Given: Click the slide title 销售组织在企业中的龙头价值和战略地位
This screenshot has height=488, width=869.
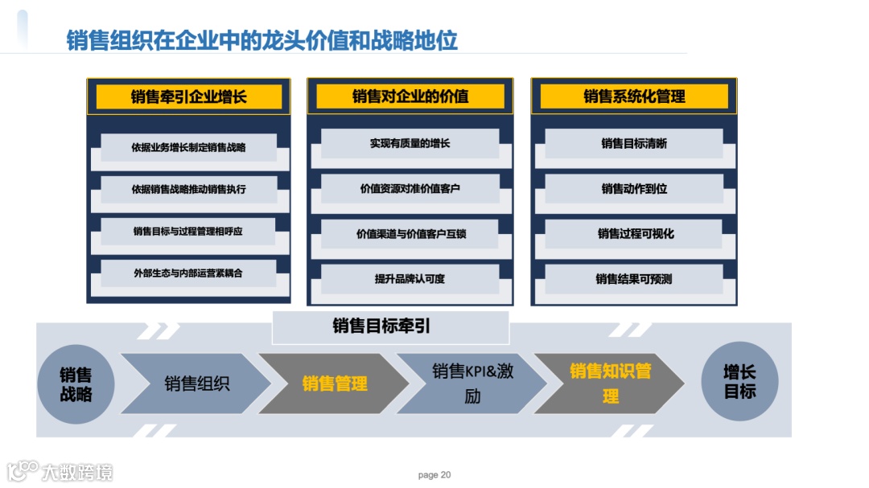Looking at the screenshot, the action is (262, 40).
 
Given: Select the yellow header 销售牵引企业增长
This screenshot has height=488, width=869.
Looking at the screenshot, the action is (188, 97).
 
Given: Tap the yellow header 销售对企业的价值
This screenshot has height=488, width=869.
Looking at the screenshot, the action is (410, 97).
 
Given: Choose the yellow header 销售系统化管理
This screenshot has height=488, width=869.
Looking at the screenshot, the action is (634, 97).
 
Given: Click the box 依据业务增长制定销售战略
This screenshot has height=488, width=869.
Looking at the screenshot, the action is (188, 147).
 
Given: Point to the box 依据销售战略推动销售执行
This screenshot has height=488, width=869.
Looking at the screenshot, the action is (188, 190).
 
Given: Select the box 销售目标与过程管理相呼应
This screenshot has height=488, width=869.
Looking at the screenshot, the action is (188, 232).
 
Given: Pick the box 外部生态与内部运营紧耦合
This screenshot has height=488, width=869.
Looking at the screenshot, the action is (188, 273).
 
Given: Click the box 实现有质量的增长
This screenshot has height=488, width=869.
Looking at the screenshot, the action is (410, 144).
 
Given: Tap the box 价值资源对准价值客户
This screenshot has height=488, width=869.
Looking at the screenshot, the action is (410, 189).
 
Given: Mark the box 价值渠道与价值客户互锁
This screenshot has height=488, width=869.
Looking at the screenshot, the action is (410, 234).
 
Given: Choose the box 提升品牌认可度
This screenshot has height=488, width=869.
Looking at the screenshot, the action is (410, 279).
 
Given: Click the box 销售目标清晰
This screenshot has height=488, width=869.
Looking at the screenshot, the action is (634, 144).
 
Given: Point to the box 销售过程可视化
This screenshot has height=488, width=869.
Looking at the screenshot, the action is (634, 234).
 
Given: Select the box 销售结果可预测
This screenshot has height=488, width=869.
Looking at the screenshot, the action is (634, 279).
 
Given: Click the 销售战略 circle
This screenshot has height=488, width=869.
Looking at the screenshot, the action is (76, 384).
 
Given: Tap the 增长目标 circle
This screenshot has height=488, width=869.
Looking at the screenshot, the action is (739, 381).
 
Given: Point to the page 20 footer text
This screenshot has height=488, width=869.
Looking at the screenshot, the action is (434, 474).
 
